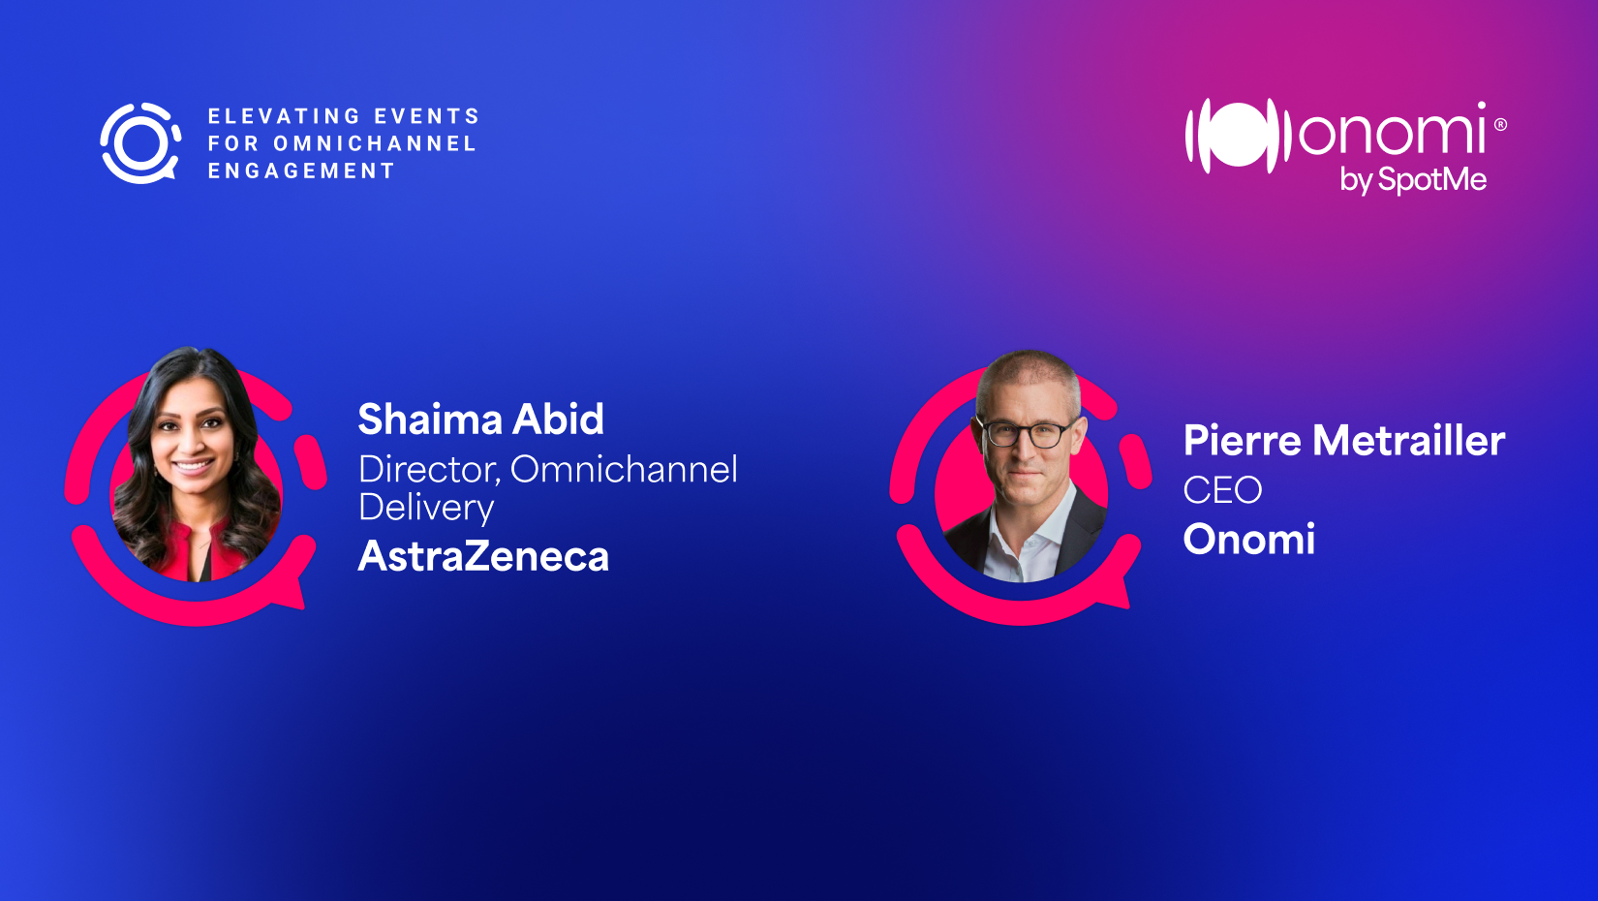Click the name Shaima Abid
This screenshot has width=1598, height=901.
480,419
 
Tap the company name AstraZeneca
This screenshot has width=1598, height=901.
483,556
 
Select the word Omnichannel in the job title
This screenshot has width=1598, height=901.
625,470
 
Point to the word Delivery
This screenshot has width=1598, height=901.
426,508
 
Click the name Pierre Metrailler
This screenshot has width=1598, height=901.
1344,440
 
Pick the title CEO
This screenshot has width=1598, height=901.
1223,490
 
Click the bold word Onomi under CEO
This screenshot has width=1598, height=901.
1249,539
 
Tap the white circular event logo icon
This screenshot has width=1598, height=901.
140,142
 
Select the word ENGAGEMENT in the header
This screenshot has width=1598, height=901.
301,171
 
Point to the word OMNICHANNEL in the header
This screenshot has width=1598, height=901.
375,143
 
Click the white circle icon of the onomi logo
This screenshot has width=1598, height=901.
1239,136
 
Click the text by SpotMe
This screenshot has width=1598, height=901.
1413,180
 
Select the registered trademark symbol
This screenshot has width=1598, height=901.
1500,125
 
